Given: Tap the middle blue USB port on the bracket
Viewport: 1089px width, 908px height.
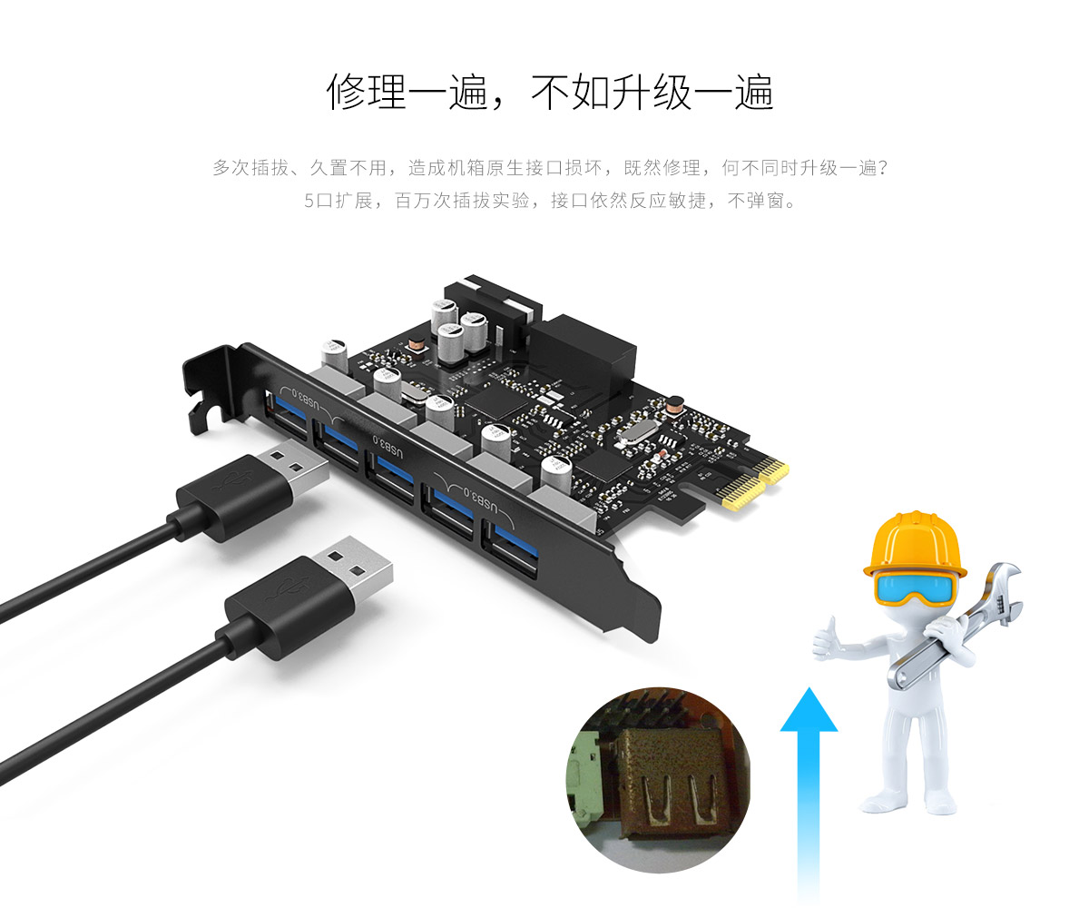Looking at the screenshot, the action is pyautogui.click(x=391, y=476).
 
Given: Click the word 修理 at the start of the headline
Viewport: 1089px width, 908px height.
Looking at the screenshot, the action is pyautogui.click(x=366, y=92).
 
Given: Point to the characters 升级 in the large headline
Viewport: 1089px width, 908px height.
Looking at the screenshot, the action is pyautogui.click(x=652, y=92).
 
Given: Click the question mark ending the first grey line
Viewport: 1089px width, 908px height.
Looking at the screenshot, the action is pyautogui.click(x=882, y=167).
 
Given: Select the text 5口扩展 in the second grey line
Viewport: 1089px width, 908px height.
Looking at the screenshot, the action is pyautogui.click(x=338, y=201).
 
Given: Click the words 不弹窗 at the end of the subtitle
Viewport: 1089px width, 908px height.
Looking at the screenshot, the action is pyautogui.click(x=756, y=201).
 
